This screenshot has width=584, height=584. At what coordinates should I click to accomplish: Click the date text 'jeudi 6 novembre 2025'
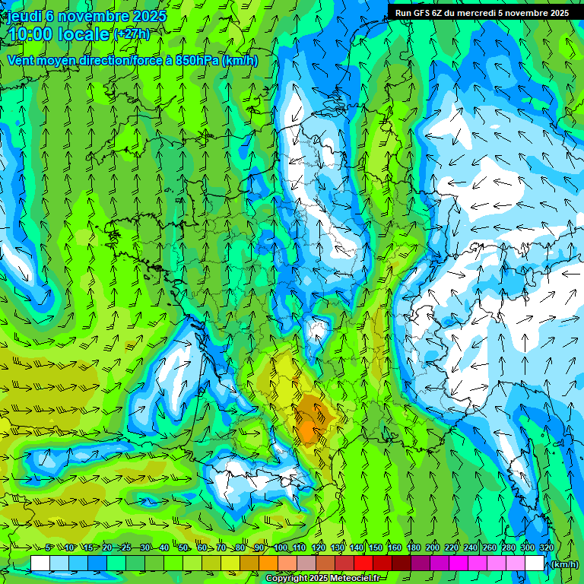tap(87, 16)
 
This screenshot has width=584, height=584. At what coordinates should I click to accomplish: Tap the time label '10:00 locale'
tap(59, 34)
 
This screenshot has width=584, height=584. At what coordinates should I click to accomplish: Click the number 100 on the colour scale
tap(281, 548)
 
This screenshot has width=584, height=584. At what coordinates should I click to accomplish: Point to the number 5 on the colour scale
tap(49, 548)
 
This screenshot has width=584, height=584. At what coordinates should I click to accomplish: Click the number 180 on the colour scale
tap(414, 548)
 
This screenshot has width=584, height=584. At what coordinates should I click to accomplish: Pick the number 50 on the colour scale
tap(183, 548)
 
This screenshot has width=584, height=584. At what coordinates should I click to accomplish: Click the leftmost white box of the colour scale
tap(40, 563)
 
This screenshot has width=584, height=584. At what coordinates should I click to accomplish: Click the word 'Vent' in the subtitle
tap(21, 61)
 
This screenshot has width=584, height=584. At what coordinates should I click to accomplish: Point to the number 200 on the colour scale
tap(433, 548)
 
